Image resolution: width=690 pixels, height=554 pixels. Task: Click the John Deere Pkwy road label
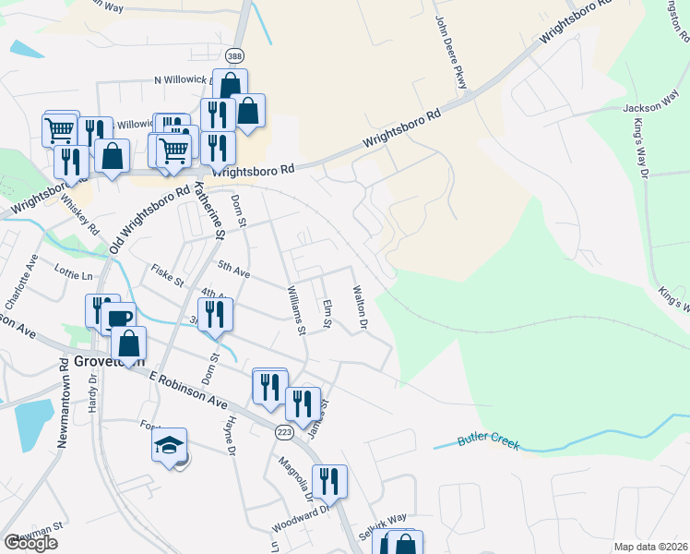pos(450,54)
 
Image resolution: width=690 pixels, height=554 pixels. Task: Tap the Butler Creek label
pos(490,441)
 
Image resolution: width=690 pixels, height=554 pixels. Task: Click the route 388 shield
pos(236,55)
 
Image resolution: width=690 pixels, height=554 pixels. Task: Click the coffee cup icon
pos(118,319)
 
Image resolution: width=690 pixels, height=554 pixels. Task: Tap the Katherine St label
pos(209,210)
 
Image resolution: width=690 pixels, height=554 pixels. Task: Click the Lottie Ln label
pos(75,275)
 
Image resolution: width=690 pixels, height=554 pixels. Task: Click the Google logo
pos(30,543)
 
